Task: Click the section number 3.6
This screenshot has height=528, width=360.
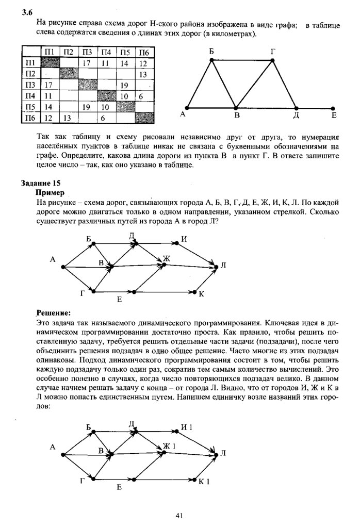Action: pyautogui.click(x=27, y=13)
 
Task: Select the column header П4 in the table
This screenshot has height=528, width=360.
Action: pyautogui.click(x=106, y=52)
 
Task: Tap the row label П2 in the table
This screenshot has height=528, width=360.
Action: pyautogui.click(x=30, y=74)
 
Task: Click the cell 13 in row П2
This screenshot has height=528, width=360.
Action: pyautogui.click(x=143, y=74)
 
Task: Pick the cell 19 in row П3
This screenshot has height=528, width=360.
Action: pyautogui.click(x=124, y=85)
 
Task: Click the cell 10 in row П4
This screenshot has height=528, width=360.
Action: pyautogui.click(x=124, y=96)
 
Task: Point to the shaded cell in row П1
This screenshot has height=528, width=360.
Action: pyautogui.click(x=50, y=63)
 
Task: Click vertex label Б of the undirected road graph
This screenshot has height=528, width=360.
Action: pyautogui.click(x=211, y=52)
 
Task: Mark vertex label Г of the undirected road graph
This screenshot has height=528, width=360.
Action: pyautogui.click(x=272, y=52)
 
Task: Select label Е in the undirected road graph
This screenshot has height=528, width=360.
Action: pyautogui.click(x=334, y=116)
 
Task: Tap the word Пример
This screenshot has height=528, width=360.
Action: pyautogui.click(x=50, y=192)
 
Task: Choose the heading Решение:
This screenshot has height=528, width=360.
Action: pyautogui.click(x=53, y=313)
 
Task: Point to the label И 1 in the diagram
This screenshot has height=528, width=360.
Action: pyautogui.click(x=186, y=427)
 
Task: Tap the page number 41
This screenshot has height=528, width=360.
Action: pyautogui.click(x=180, y=515)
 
